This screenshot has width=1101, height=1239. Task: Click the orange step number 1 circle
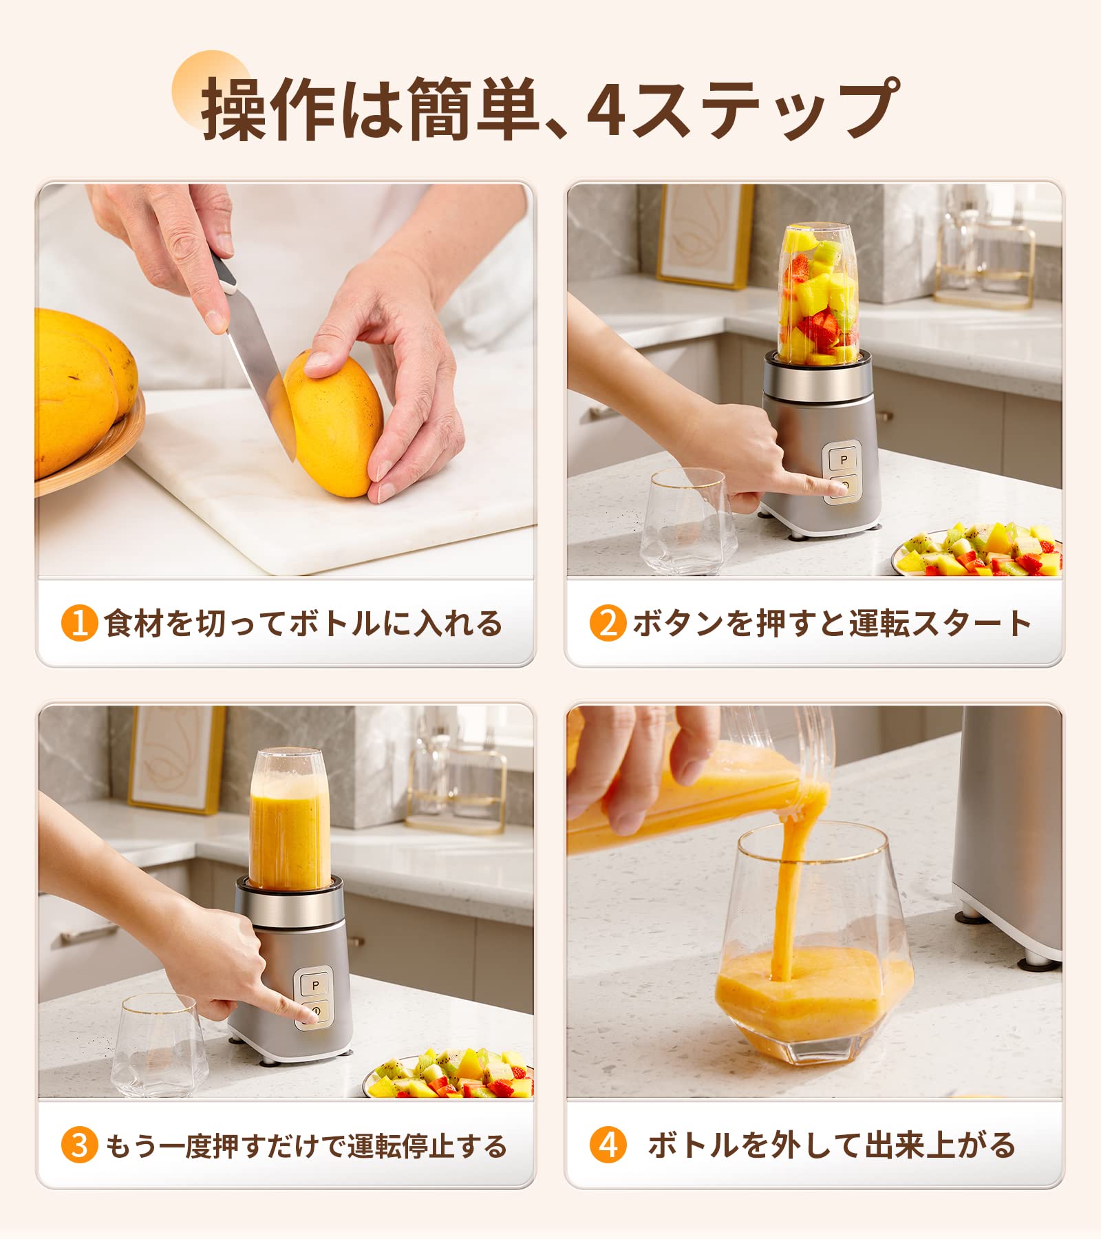pyautogui.click(x=79, y=623)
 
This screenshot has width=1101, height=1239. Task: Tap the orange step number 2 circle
pyautogui.click(x=608, y=623)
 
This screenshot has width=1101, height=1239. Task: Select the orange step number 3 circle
pyautogui.click(x=79, y=1145)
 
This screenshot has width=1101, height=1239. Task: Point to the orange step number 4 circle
pyautogui.click(x=608, y=1145)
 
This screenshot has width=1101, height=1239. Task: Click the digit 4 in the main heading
pyautogui.click(x=606, y=109)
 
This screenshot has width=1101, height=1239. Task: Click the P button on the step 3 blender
pyautogui.click(x=316, y=985)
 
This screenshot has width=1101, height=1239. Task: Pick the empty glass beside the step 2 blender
pyautogui.click(x=687, y=520)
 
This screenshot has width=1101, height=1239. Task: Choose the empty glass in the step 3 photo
pyautogui.click(x=160, y=1045)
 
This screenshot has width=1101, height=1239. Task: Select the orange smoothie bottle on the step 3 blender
pyautogui.click(x=289, y=818)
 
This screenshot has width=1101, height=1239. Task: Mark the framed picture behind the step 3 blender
pyautogui.click(x=176, y=759)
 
